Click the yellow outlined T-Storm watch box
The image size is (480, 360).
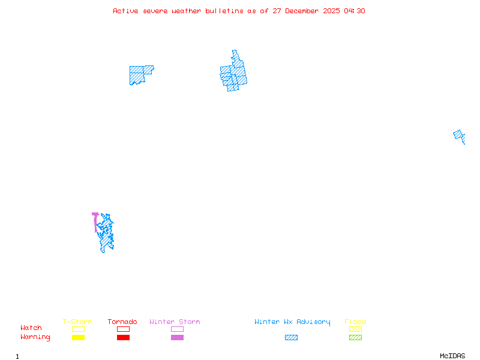click(x=78, y=329)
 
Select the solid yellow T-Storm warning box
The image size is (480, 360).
click(x=78, y=337)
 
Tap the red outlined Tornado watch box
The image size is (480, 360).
click(x=123, y=329)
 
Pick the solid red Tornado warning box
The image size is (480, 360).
click(x=123, y=337)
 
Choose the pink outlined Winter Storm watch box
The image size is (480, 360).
click(x=177, y=329)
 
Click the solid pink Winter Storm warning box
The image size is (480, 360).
click(x=177, y=337)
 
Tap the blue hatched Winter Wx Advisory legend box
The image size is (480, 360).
click(x=291, y=337)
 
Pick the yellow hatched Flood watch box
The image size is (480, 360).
click(x=355, y=329)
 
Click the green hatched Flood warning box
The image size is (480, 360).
click(x=355, y=337)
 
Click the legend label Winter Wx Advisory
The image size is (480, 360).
click(x=292, y=322)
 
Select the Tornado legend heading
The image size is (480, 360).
click(x=122, y=322)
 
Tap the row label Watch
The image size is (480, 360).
click(x=31, y=328)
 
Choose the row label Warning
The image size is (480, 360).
click(x=35, y=337)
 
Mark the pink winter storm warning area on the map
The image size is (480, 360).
click(x=95, y=220)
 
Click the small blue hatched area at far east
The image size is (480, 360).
click(x=459, y=136)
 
